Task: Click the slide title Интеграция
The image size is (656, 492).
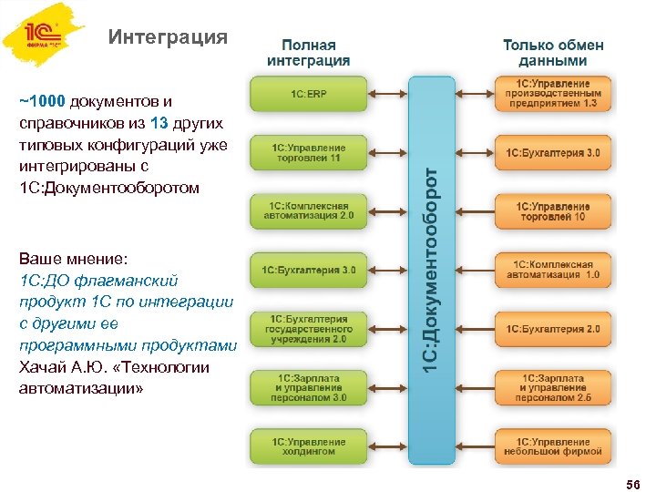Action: [167, 37]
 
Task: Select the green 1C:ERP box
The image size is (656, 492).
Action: [309, 94]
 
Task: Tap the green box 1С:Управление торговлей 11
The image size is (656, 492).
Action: [309, 153]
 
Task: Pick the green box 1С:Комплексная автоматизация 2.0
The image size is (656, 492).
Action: [309, 212]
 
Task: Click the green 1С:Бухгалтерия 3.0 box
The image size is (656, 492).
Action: [309, 270]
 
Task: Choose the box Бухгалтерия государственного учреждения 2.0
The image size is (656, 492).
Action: [309, 328]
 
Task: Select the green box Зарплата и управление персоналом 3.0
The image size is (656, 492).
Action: [309, 387]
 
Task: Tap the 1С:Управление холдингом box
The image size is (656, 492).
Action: [309, 446]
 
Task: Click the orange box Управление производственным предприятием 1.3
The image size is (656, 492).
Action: [553, 94]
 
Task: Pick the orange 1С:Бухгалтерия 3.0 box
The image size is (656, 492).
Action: [553, 153]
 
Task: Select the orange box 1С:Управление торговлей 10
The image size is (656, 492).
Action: [553, 212]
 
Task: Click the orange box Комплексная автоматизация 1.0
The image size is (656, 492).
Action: [553, 270]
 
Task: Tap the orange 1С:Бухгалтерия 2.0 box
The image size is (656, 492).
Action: [553, 328]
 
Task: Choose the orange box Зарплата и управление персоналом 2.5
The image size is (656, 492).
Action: [553, 387]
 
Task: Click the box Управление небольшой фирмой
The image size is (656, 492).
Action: [553, 446]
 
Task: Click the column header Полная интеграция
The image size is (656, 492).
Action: [308, 52]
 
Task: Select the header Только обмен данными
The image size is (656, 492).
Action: [553, 52]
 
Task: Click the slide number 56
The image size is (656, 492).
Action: [633, 481]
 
